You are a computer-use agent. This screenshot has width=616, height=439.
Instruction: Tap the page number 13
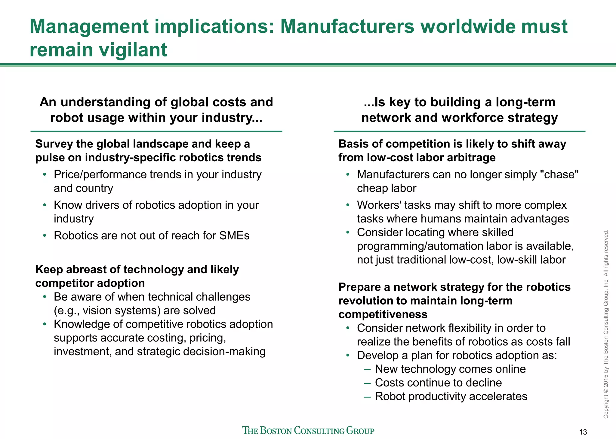583,432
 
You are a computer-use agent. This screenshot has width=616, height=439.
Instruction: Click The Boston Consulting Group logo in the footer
308,430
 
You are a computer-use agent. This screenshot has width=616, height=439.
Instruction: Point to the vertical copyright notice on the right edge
606,324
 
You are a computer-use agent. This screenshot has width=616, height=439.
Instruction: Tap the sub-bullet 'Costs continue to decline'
438,383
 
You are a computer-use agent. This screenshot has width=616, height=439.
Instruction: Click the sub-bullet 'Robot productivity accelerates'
451,397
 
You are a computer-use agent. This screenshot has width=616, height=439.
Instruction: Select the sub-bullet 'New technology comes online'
450,369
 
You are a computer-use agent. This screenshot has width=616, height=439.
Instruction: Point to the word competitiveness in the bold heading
383,314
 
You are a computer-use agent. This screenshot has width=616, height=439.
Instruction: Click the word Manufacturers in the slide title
347,26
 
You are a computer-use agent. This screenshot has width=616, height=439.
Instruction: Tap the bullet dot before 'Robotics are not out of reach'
45,236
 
